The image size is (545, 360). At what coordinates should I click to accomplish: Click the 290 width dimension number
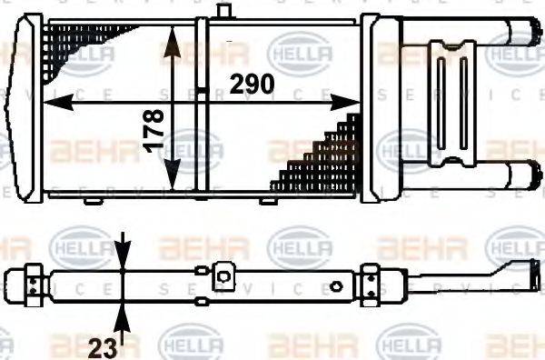coord(252,85)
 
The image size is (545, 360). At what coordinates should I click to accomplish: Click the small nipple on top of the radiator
coord(221,10)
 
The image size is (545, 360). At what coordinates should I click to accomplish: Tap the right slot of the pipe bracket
coord(463,100)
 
